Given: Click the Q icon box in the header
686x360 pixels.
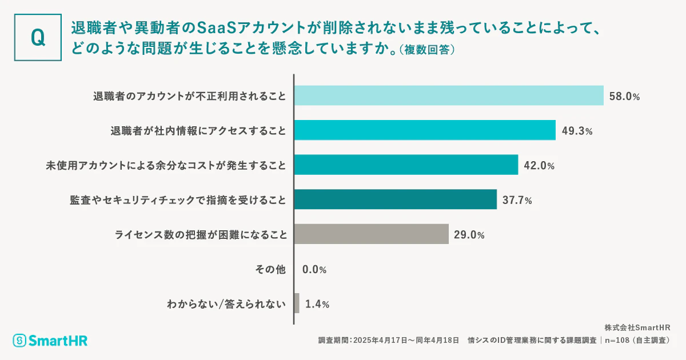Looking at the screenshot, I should [x=38, y=37].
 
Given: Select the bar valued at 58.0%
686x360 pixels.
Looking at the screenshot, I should [x=449, y=95].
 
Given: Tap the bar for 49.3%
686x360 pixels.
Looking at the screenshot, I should [x=425, y=130].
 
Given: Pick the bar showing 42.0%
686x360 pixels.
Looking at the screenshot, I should [x=406, y=165].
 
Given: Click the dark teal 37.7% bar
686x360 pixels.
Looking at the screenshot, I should [x=395, y=199].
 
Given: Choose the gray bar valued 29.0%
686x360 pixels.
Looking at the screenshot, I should [x=371, y=234].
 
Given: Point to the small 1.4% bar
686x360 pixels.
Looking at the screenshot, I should [x=297, y=303].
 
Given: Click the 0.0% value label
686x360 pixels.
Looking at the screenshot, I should [x=315, y=269].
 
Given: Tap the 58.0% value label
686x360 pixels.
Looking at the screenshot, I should [x=624, y=96].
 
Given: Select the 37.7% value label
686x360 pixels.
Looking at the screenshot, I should [x=517, y=200].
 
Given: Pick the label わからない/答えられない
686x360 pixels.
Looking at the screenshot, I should [x=226, y=304].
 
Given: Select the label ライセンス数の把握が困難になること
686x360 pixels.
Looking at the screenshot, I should [x=200, y=234].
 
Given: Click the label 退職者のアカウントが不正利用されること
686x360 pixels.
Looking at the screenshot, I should [x=189, y=96].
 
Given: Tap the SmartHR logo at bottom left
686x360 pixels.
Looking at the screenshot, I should [x=50, y=340].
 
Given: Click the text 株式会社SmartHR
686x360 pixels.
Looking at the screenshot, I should [x=637, y=327].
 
